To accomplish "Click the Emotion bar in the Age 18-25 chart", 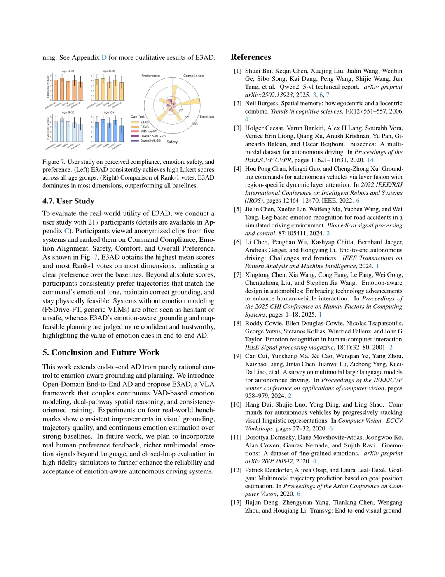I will tap(62, 88).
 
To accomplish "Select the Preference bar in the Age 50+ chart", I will tap(122, 134).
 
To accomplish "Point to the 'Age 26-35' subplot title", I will tap(109, 71).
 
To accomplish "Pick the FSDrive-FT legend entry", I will tap(148, 131).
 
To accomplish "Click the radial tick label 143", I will tap(195, 123).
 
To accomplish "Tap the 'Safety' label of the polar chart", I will tap(172, 142).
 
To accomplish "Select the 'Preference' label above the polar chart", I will tap(151, 76).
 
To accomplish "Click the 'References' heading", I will tap(251, 57).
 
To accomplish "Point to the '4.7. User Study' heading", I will tap(68, 201).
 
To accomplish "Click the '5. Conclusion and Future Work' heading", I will tap(101, 352).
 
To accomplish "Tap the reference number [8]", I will tap(238, 324).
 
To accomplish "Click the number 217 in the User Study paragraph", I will tap(94, 222).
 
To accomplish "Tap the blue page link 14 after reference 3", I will tap(370, 160).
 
